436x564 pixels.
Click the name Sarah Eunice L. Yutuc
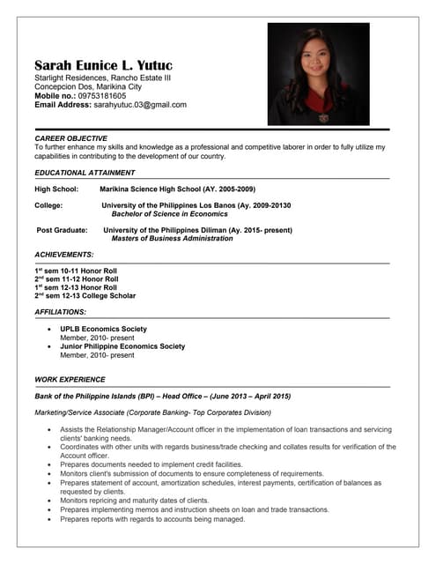point(103,65)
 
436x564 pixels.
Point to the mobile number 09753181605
point(101,96)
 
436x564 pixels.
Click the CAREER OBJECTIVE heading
point(70,138)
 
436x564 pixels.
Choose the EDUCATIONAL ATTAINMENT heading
point(85,173)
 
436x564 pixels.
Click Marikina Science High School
point(177,189)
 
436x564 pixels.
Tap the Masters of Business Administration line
point(172,238)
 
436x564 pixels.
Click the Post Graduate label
point(62,230)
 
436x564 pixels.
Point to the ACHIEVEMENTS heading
point(64,254)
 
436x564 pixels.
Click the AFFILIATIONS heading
point(61,312)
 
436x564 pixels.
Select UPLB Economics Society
point(103,329)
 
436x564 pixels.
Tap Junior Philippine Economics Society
point(122,346)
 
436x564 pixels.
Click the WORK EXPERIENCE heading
point(70,379)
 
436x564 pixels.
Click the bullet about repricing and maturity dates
point(134,501)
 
